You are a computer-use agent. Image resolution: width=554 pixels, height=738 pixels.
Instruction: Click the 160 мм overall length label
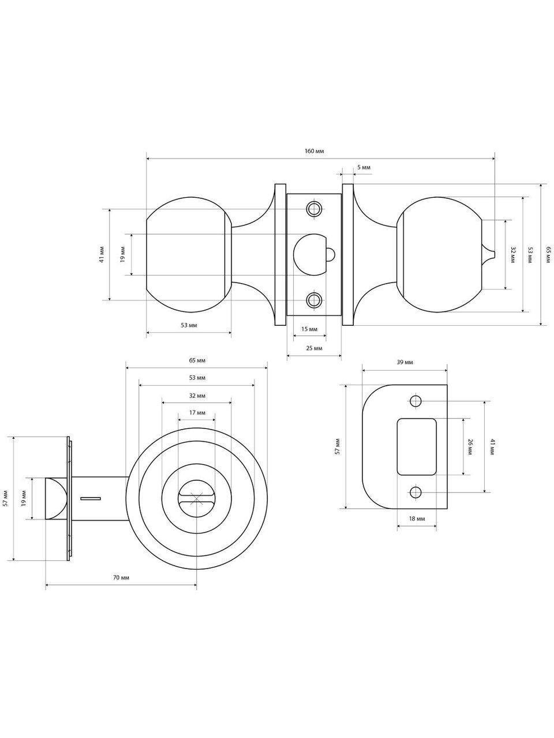click(x=314, y=151)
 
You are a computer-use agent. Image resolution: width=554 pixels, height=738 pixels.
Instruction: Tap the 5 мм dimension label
click(x=364, y=167)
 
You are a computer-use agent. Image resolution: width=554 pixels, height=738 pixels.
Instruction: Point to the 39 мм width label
click(x=405, y=362)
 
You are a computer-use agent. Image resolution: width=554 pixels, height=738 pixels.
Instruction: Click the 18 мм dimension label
click(x=417, y=518)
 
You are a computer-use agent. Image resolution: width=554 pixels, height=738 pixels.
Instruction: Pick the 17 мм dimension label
click(x=197, y=413)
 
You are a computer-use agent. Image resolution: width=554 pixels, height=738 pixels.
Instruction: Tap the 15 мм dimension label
click(x=309, y=329)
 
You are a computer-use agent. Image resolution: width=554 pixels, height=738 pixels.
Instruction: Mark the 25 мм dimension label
click(x=314, y=348)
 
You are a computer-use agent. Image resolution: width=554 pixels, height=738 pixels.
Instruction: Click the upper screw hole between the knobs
click(x=313, y=209)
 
